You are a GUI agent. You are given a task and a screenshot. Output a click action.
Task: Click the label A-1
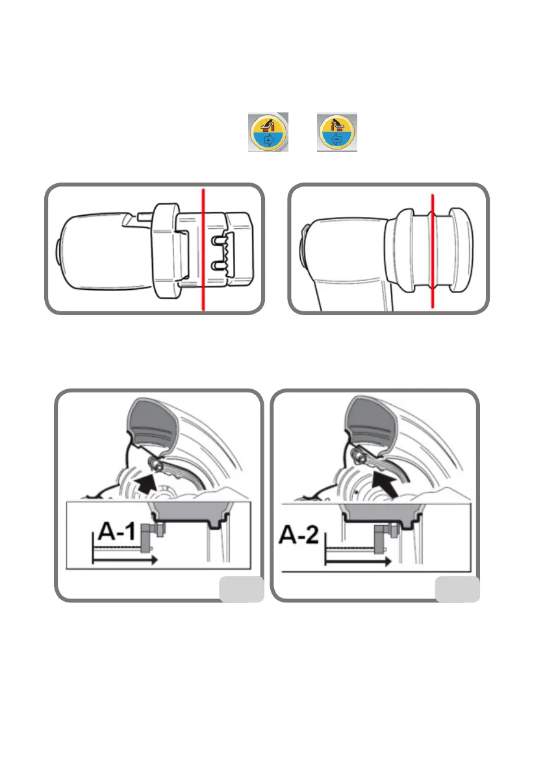pos(117,534)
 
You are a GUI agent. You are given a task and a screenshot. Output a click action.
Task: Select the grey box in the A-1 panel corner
pos(242,589)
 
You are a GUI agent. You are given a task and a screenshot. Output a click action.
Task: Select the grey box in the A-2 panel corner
pos(457,589)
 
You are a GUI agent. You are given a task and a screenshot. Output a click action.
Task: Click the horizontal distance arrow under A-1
pos(123,559)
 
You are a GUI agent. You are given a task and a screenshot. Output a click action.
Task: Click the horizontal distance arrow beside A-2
pos(357,560)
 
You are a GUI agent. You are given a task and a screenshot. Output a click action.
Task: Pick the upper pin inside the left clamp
pos(219,240)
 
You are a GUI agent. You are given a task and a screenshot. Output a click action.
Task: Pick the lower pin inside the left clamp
pos(219,264)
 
